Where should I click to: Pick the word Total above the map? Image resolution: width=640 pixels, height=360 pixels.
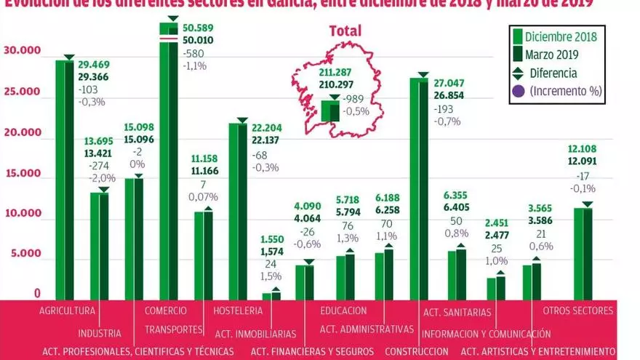pyautogui.click(x=345, y=31)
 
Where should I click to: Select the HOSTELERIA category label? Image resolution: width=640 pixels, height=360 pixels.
pyautogui.click(x=238, y=311)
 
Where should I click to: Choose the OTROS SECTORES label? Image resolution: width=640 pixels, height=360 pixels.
pyautogui.click(x=579, y=311)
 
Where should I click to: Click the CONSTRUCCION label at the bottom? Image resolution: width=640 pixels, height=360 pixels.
pyautogui.click(x=416, y=351)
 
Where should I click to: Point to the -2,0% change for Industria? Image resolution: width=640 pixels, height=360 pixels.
pyautogui.click(x=102, y=178)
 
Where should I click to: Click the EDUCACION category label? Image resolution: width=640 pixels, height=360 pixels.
pyautogui.click(x=343, y=311)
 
